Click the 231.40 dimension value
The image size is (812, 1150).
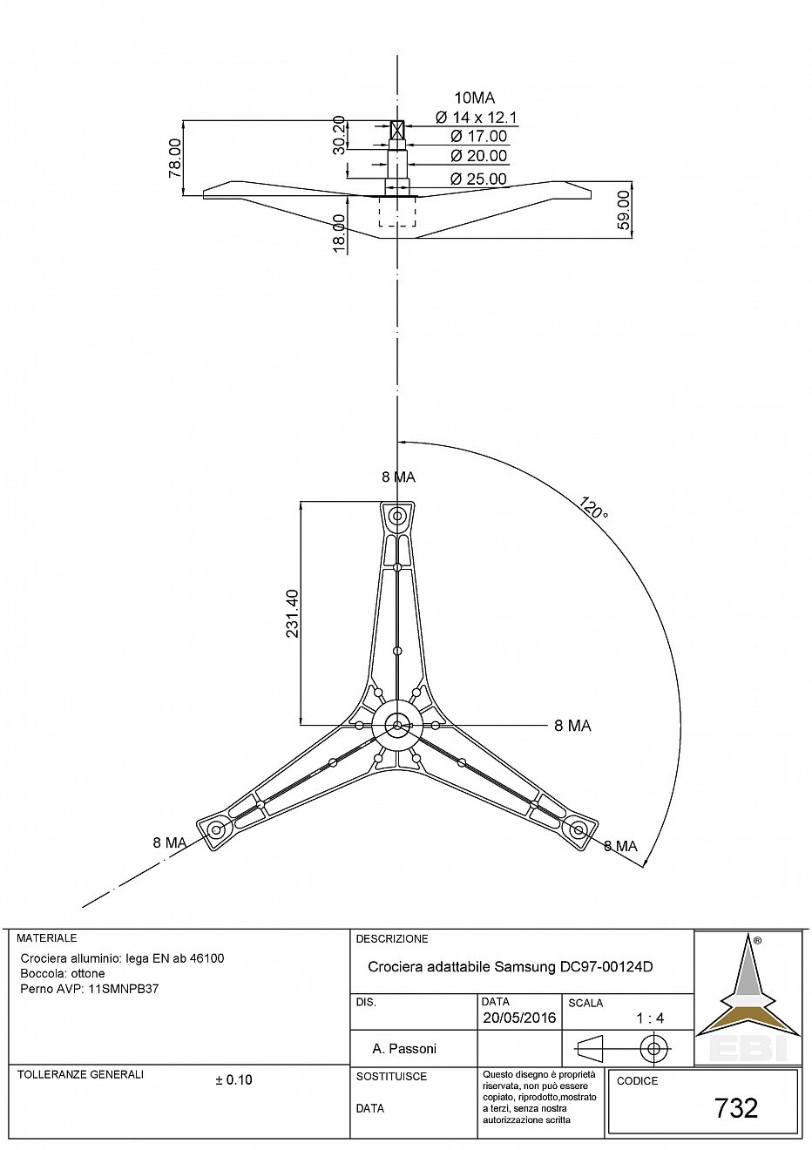tap(292, 613)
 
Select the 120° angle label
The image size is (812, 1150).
tap(593, 507)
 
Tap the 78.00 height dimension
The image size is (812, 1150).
tap(175, 158)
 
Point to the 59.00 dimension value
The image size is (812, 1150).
tap(623, 209)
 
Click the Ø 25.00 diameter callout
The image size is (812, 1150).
tap(478, 179)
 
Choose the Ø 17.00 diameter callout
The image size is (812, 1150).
tap(478, 136)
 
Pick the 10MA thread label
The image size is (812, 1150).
tap(475, 98)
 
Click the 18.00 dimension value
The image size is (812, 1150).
tap(339, 233)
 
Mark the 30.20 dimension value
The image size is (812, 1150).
tap(339, 135)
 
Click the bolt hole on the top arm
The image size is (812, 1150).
tap(397, 516)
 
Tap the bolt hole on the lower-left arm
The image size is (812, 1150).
tap(216, 829)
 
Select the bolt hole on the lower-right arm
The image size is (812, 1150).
tap(579, 829)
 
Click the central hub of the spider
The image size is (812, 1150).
tap(397, 725)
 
